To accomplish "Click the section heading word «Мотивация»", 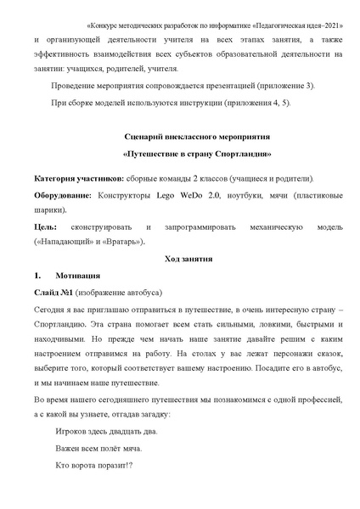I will click(x=78, y=276).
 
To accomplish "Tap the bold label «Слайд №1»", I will click(x=53, y=293).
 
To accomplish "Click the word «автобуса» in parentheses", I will click(x=138, y=293).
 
